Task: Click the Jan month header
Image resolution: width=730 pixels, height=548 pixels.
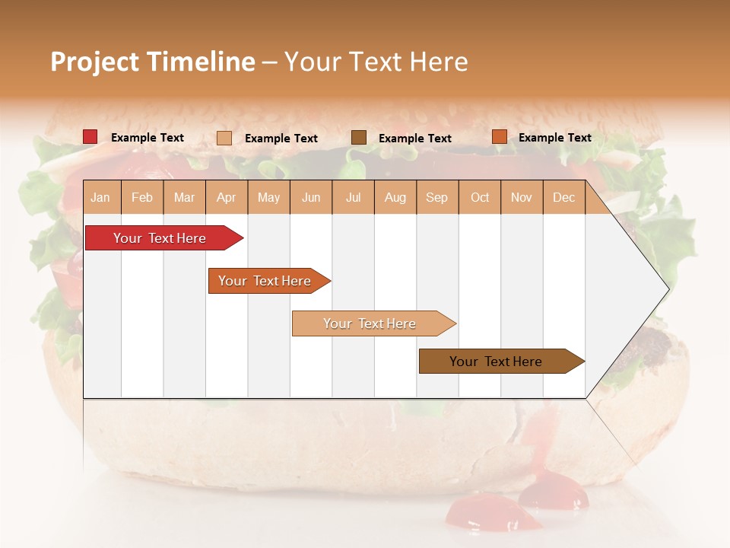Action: (100, 198)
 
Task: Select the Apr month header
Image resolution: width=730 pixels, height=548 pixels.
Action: (227, 198)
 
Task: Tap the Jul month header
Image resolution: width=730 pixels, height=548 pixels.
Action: (353, 198)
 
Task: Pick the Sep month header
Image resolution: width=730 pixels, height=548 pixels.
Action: (436, 198)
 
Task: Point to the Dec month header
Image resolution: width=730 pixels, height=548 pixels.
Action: (563, 198)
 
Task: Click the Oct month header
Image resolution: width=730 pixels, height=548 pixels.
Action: (480, 198)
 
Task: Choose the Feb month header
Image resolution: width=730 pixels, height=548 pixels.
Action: (142, 198)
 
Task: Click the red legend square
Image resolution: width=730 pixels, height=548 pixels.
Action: (90, 137)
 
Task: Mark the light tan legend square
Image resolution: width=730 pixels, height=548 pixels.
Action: (224, 138)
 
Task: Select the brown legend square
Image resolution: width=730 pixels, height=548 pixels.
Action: (359, 137)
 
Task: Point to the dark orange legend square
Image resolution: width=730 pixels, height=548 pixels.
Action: (499, 137)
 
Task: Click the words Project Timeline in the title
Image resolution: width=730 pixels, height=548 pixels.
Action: (152, 62)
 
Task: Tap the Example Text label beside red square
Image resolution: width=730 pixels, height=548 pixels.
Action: (148, 138)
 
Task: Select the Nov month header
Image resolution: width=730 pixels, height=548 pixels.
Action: (522, 198)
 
